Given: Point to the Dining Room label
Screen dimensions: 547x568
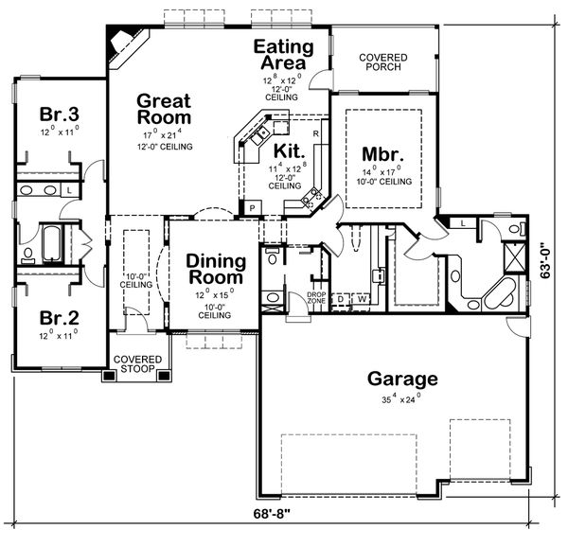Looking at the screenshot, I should click(216, 270).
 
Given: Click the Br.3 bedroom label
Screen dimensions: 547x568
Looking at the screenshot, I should click(58, 115).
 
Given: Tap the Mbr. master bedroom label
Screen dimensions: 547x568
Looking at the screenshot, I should click(382, 153).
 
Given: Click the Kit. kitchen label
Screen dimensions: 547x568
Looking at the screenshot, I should click(288, 150).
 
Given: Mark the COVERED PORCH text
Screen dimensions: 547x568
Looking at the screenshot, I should click(383, 62).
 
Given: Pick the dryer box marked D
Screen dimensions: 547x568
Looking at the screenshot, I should click(342, 300).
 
